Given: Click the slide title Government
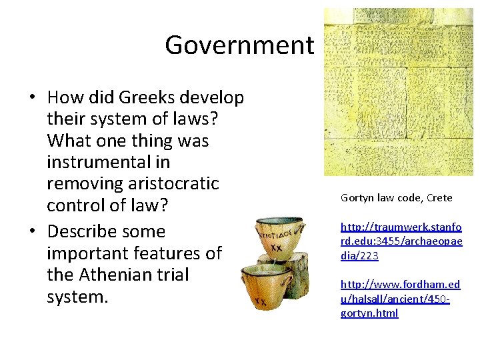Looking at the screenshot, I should (239, 45).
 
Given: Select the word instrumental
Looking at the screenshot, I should (108, 162).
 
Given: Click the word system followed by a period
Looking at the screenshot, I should (77, 296).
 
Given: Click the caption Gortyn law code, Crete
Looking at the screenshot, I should (396, 197).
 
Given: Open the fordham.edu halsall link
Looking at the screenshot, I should (400, 299).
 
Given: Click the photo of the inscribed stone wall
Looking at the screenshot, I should (398, 91).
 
